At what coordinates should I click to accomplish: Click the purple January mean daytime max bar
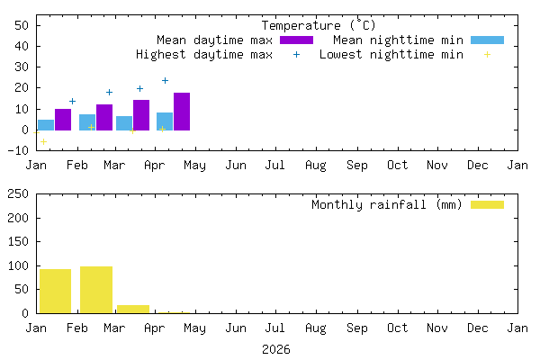[x=63, y=120]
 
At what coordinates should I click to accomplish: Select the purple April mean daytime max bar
[x=182, y=112]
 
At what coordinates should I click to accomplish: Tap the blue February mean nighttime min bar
[x=87, y=122]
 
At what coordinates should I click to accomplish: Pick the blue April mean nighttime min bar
[x=165, y=121]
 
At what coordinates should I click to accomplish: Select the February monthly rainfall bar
[x=96, y=290]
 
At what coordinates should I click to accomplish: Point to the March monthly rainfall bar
[x=133, y=309]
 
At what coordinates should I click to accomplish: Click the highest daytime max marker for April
[x=165, y=81]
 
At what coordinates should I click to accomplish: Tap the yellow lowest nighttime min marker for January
[x=43, y=142]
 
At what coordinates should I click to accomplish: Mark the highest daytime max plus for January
[x=72, y=101]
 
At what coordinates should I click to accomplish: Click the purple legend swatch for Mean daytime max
[x=296, y=40]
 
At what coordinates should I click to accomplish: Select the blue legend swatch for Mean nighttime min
[x=487, y=40]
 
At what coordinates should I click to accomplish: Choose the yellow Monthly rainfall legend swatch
[x=487, y=204]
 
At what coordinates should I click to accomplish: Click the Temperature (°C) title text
[x=319, y=25]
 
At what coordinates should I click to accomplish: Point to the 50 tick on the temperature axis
[x=24, y=25]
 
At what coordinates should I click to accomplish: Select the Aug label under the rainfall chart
[x=316, y=328]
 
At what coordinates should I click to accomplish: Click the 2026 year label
[x=276, y=349]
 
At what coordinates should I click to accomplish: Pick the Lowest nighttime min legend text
[x=391, y=55]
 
